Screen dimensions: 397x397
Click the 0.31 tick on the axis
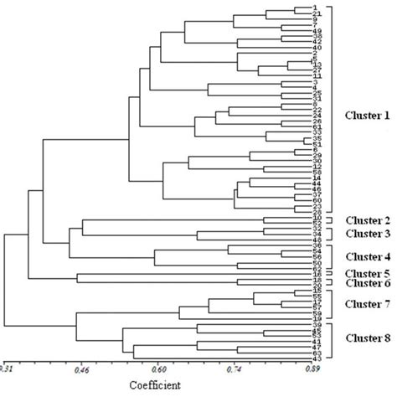(x=7, y=367)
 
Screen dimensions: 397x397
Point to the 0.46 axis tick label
(x=82, y=367)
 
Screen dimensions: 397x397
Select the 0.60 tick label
(x=157, y=367)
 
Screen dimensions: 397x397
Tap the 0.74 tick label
(x=234, y=367)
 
